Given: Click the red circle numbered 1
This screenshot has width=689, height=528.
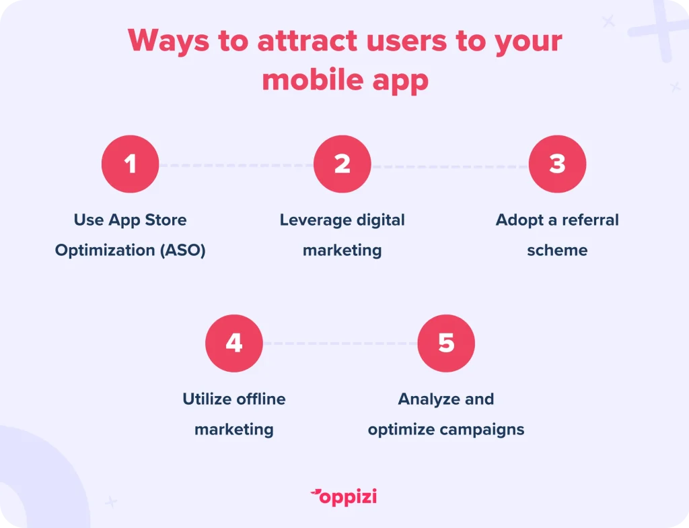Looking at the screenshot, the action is point(130,164).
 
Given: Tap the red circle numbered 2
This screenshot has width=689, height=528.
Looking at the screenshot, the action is point(342,164).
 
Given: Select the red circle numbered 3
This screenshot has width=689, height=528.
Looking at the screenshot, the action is point(557,164).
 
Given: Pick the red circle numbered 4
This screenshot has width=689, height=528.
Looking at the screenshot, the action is point(234,343).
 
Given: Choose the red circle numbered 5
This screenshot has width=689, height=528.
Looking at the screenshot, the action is point(446,343).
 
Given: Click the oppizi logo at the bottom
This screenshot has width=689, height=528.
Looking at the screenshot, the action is point(344,497).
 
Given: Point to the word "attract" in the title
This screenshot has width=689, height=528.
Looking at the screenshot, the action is point(307,40).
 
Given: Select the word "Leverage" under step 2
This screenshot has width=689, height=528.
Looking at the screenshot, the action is point(316,220).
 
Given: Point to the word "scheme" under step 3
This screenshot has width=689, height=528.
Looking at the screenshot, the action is point(557,250).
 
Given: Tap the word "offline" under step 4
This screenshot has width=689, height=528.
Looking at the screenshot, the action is point(261,399).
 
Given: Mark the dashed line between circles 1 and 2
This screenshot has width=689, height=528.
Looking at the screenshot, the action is point(236,166).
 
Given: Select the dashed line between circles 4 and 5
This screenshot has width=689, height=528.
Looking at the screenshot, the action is point(340,343).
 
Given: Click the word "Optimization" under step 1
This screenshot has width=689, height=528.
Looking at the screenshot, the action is point(105,251).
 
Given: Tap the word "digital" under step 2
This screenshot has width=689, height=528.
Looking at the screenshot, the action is point(381,220).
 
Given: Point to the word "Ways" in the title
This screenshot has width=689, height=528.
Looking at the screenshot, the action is point(169,41).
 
